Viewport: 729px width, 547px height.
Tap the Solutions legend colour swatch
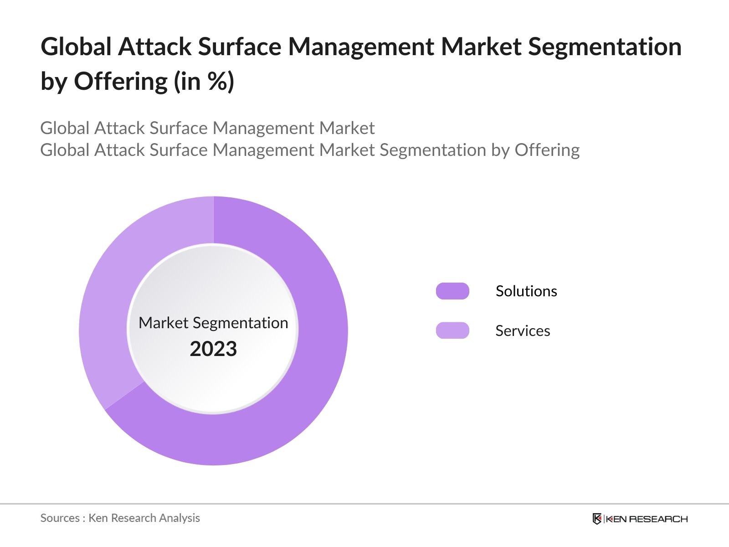coord(452,291)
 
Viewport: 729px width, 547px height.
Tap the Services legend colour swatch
coord(452,330)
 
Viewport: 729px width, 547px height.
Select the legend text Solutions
coord(526,291)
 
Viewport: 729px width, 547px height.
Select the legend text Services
coord(522,330)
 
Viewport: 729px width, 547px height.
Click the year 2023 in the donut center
coord(213,349)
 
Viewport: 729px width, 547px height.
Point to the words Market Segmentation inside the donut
coord(213,323)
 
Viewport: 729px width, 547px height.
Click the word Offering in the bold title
coord(121,82)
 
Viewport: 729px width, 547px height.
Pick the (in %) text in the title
coord(204,82)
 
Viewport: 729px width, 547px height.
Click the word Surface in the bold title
coord(239,46)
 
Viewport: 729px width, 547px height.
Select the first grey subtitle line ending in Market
coord(207,128)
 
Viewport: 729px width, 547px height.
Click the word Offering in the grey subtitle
coord(547,150)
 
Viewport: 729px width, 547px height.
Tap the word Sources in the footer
coord(60,518)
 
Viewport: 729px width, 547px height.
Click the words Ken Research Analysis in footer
coord(144,518)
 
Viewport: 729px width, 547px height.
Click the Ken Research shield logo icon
coord(597,519)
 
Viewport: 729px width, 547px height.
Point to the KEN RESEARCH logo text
coord(647,519)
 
